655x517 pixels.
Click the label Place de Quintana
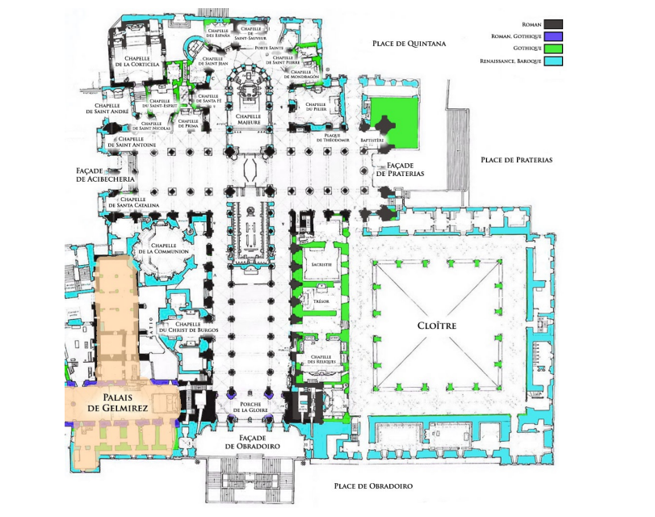pyautogui.click(x=404, y=42)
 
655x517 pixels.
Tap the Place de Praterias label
pyautogui.click(x=516, y=160)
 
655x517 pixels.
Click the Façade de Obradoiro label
pyautogui.click(x=250, y=441)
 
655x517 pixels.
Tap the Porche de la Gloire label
pyautogui.click(x=250, y=409)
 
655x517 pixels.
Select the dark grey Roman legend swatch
pyautogui.click(x=553, y=24)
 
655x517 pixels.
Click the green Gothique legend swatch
pyautogui.click(x=553, y=48)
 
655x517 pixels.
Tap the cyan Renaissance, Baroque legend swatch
pyautogui.click(x=553, y=61)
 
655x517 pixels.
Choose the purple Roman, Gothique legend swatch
pyautogui.click(x=553, y=36)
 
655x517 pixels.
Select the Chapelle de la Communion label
pyautogui.click(x=168, y=248)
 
